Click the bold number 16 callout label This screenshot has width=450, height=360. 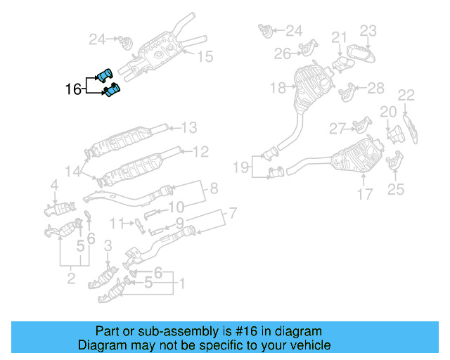pos(73,89)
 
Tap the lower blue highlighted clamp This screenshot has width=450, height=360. pos(110,91)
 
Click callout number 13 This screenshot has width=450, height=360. pos(189,128)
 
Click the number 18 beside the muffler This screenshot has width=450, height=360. pos(278,88)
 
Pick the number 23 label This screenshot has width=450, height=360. pos(369,30)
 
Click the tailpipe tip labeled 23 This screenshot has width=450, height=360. pos(360,56)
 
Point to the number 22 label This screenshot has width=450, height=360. pos(406,95)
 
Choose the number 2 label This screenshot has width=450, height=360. pos(71,280)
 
